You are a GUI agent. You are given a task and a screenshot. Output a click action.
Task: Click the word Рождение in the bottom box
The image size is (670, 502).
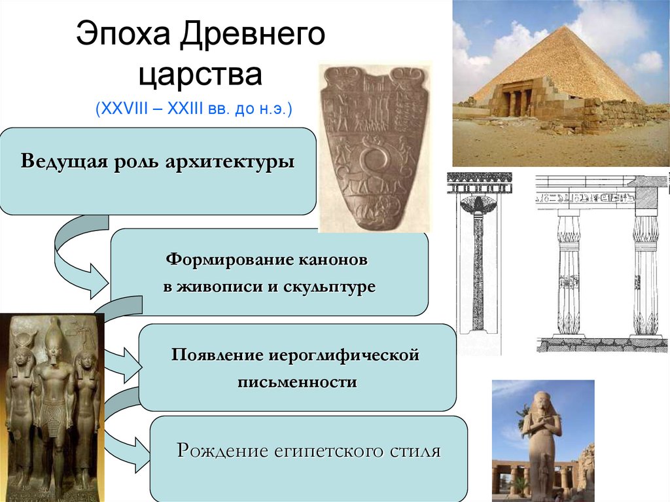click(x=220, y=452)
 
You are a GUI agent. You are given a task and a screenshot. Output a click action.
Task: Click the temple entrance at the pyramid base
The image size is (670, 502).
click(x=516, y=101)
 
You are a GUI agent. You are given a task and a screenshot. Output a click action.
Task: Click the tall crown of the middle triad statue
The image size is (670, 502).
click(x=54, y=335)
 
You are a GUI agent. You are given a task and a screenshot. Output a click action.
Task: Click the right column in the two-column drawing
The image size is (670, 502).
click(x=645, y=275)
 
